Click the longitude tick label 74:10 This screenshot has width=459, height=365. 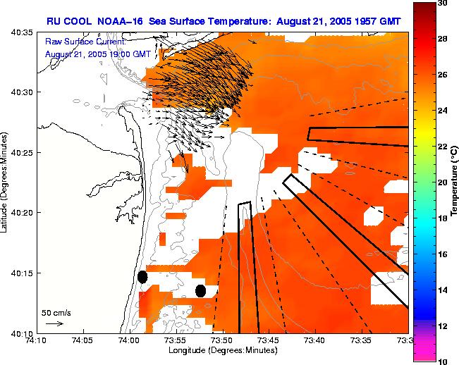(x=37, y=340)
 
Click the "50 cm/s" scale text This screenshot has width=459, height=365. (x=56, y=312)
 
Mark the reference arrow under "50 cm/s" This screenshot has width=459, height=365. (x=54, y=323)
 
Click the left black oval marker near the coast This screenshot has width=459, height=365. (x=142, y=277)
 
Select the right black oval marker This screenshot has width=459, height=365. (x=200, y=290)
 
